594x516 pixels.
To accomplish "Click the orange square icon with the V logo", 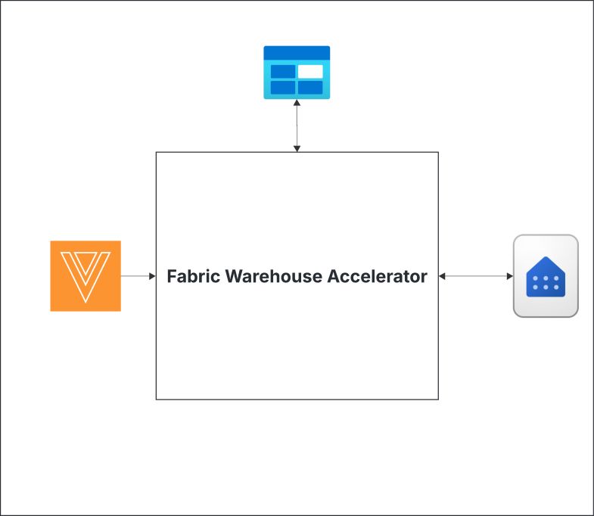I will click(86, 276).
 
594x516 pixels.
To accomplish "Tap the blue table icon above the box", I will click(297, 73).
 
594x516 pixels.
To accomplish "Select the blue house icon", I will click(546, 276).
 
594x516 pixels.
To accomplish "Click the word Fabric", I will click(191, 277).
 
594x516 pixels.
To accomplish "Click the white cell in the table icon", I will click(310, 71).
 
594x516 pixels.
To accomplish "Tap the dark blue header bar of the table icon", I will click(297, 52).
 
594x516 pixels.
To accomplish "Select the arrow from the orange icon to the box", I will click(138, 276).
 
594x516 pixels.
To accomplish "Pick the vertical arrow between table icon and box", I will click(297, 126).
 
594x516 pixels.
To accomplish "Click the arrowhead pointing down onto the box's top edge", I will click(297, 148).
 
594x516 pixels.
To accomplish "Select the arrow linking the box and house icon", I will click(476, 276).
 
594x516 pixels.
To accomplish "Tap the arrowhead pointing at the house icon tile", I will click(509, 276).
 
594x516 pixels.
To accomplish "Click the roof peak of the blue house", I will click(546, 259).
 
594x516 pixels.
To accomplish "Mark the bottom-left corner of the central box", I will click(157, 399).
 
